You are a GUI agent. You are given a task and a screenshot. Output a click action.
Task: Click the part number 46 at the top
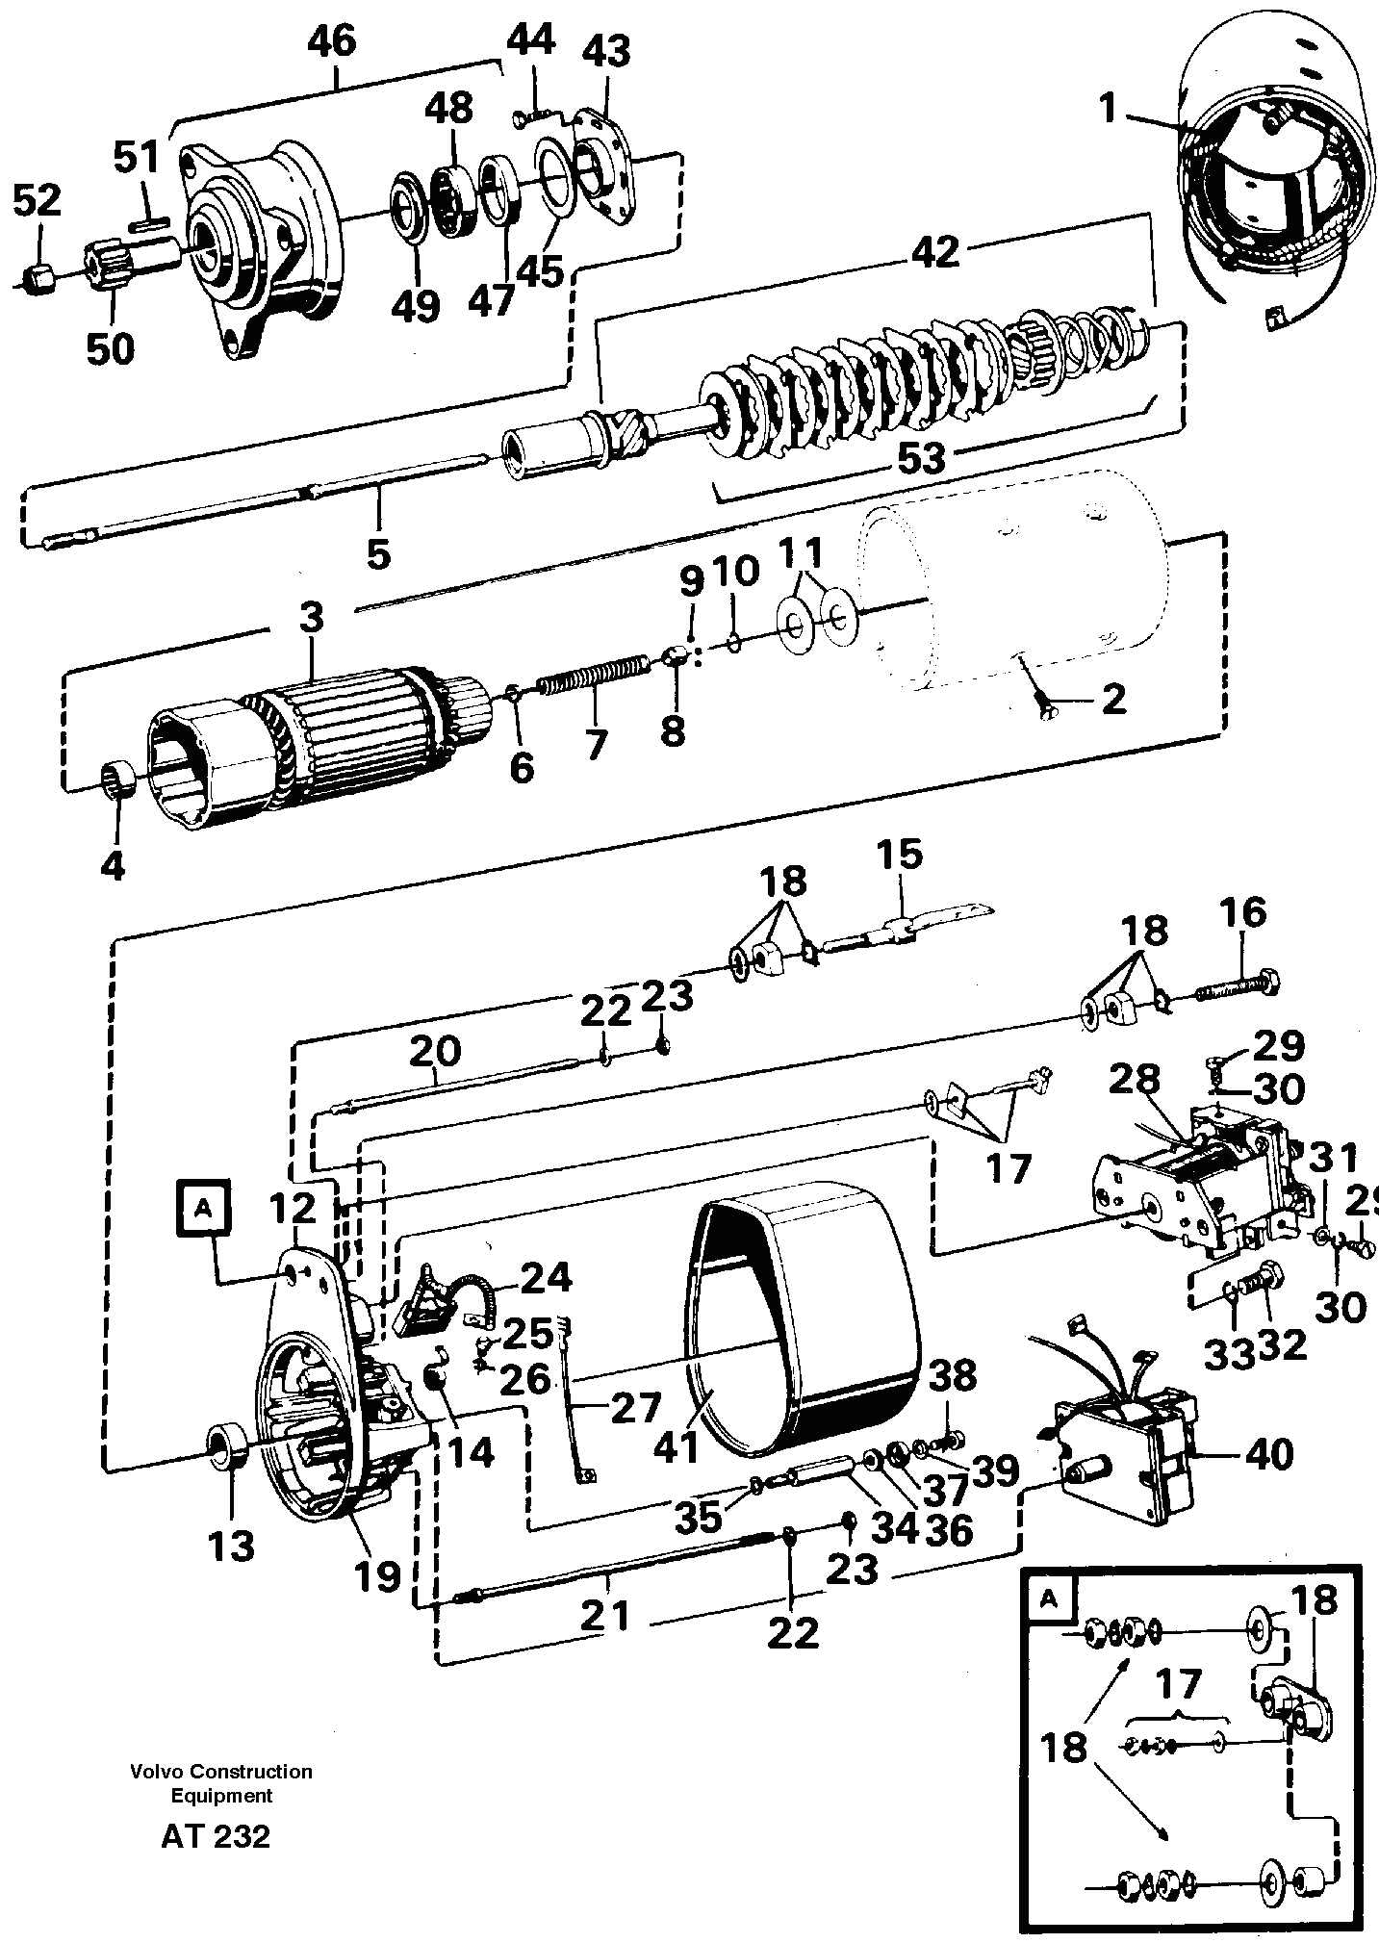332,42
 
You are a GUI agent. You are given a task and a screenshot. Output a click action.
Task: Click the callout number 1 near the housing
1109,109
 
